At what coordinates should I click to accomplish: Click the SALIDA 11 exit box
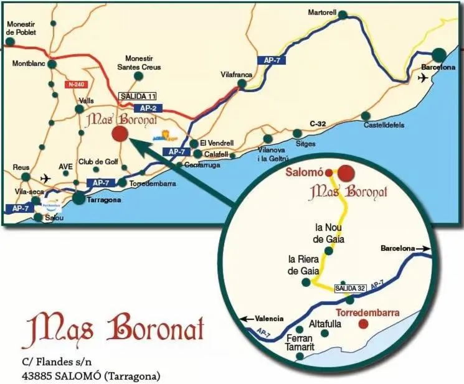(x=137, y=96)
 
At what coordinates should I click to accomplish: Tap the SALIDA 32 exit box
(x=349, y=288)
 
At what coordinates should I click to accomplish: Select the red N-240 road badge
(x=76, y=85)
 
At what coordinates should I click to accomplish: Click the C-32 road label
(x=318, y=124)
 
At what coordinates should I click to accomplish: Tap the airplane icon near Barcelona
(x=424, y=78)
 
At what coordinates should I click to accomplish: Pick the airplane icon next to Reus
(x=44, y=177)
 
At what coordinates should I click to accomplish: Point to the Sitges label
(x=305, y=143)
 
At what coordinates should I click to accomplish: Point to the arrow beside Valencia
(x=247, y=318)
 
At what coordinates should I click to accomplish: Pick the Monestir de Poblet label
(x=21, y=28)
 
